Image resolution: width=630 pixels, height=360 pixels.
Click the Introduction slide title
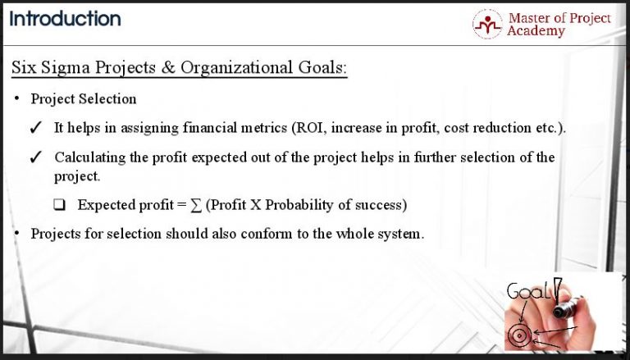coord(65,19)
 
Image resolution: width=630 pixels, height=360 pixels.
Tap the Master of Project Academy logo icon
coord(487,25)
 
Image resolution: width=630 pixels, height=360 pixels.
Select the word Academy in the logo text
coord(536,31)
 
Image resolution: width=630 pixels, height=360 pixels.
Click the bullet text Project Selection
coord(84,99)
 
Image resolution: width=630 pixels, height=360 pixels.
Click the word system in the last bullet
coord(401,233)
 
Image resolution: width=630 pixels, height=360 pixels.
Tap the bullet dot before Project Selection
coord(17,99)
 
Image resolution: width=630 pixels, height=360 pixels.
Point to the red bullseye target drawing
coord(518,335)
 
